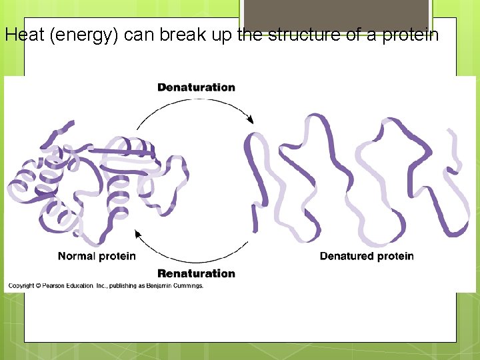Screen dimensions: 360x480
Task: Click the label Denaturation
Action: point(196,87)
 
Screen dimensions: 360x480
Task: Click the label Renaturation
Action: point(196,273)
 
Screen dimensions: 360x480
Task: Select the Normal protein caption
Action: point(97,256)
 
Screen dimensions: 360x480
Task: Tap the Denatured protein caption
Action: point(367,256)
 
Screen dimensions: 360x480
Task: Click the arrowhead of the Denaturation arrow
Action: point(251,120)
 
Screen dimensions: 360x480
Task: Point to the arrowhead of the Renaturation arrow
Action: point(138,233)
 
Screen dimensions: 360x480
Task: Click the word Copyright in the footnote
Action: point(21,286)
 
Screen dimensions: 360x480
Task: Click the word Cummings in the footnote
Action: point(190,286)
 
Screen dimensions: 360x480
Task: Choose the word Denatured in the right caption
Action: point(345,256)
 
